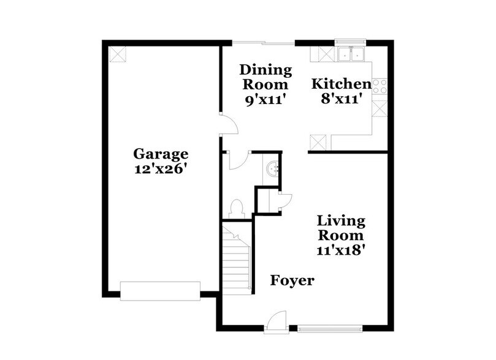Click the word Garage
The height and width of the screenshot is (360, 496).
coord(161,154)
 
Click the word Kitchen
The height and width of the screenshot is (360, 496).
coord(341,84)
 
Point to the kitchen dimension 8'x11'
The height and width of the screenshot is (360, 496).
coord(342,99)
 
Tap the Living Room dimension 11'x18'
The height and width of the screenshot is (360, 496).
coord(341,250)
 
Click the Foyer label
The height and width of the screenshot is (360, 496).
coord(292,281)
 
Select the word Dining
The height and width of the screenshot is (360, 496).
coord(264,69)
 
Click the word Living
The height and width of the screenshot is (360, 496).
coord(341,220)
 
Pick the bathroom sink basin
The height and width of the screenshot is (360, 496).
coord(273,166)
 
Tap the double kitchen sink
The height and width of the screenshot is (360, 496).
coord(351,54)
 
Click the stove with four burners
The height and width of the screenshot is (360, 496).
coord(380,86)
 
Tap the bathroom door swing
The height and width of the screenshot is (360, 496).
coord(237,160)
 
